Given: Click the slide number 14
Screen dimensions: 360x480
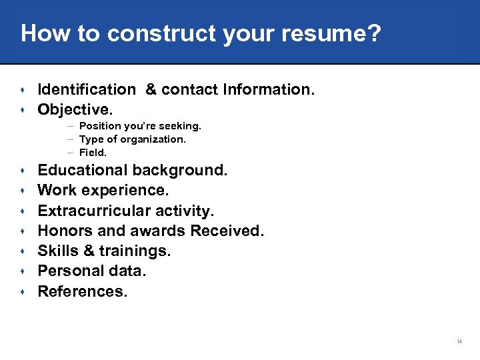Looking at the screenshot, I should pyautogui.click(x=459, y=341).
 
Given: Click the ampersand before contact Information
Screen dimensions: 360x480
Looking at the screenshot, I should pyautogui.click(x=151, y=89).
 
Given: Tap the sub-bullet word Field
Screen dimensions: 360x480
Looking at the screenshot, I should pyautogui.click(x=93, y=153).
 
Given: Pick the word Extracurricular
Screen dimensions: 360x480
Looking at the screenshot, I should pyautogui.click(x=91, y=211).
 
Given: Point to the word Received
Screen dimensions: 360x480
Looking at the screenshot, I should pyautogui.click(x=227, y=231).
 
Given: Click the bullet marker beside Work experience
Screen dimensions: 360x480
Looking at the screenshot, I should pyautogui.click(x=23, y=191).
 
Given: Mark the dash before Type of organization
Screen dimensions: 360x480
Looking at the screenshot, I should pyautogui.click(x=70, y=139).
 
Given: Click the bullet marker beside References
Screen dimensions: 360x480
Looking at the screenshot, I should pyautogui.click(x=23, y=292).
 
